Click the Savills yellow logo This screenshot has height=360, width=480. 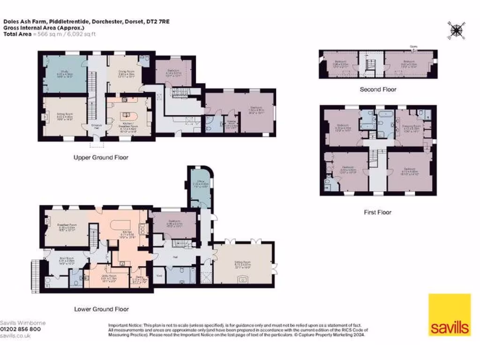click(x=449, y=315)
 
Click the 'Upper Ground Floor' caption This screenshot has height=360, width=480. click(x=101, y=157)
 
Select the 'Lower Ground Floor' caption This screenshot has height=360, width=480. click(x=101, y=309)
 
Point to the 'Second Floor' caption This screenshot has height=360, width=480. click(x=378, y=89)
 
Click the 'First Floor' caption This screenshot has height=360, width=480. click(x=377, y=212)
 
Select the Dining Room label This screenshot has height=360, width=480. click(x=123, y=73)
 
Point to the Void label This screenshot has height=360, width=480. click(x=159, y=276)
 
